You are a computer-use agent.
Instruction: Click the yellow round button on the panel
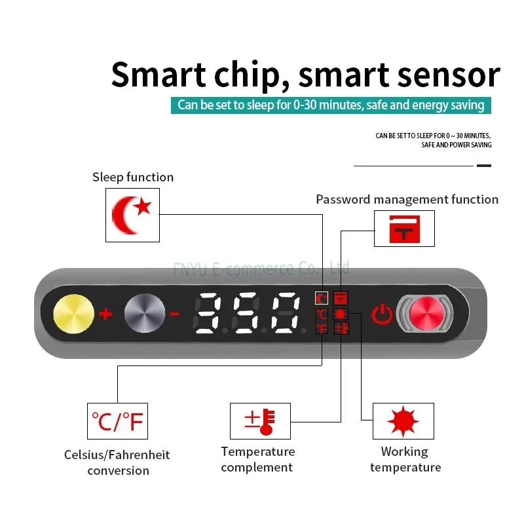[73, 314]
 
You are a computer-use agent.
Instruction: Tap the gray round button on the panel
[145, 314]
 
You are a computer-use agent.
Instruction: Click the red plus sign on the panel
[105, 314]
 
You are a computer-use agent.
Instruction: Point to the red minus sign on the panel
[174, 314]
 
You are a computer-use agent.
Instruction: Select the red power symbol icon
[382, 314]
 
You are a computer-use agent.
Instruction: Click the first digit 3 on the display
[207, 313]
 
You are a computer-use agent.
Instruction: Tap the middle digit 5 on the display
[247, 313]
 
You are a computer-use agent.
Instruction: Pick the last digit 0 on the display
[286, 313]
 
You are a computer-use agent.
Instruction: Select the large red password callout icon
[404, 229]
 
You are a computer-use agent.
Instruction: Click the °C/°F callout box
[117, 421]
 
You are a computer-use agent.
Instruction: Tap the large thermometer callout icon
[260, 421]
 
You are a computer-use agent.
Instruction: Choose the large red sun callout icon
[403, 421]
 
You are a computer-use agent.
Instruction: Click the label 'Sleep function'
[133, 177]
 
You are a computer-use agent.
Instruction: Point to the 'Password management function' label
[407, 200]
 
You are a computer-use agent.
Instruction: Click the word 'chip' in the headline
[247, 75]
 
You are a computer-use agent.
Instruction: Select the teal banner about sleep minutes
[331, 105]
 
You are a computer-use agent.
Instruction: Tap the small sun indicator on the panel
[341, 314]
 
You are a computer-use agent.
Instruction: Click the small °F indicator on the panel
[322, 329]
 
